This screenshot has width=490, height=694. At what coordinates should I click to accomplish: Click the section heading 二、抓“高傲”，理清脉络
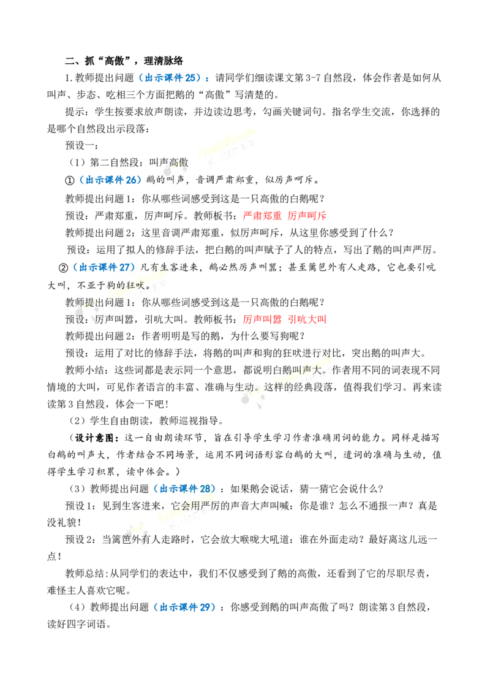tap(124, 61)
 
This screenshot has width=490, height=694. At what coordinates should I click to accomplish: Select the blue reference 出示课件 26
tap(111, 180)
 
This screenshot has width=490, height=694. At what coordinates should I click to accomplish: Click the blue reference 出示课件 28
tap(185, 489)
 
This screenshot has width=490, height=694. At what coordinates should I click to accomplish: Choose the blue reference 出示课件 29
tap(185, 607)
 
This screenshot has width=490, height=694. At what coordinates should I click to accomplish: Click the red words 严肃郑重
tap(262, 216)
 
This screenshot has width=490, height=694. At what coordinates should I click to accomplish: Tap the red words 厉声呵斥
tap(307, 216)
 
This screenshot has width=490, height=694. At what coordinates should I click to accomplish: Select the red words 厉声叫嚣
tap(262, 319)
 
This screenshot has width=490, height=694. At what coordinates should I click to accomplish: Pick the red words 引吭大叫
tap(307, 319)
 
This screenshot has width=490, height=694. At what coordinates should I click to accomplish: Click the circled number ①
tap(70, 180)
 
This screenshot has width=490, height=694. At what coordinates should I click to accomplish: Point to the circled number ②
tap(64, 268)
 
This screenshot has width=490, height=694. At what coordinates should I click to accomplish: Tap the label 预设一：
tap(82, 146)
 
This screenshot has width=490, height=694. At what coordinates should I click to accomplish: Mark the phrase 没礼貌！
tap(64, 522)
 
